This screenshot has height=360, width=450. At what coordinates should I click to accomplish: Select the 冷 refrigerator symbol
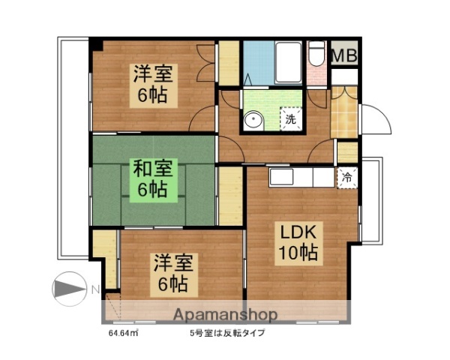(x=346, y=178)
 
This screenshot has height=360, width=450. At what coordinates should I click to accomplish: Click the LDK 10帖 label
(x=299, y=241)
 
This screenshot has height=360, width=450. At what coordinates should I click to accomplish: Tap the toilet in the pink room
(x=316, y=55)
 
